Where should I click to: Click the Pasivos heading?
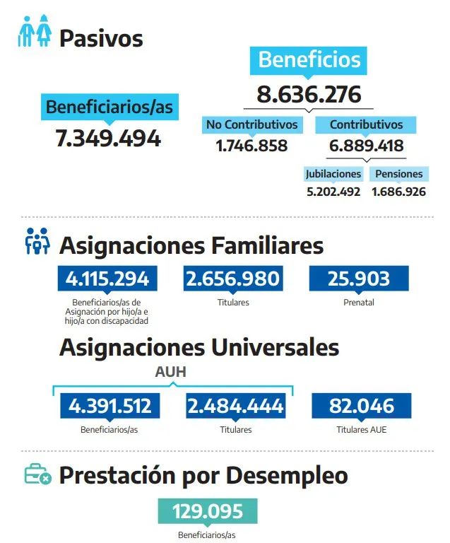click(101, 38)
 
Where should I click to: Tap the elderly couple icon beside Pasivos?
click(35, 33)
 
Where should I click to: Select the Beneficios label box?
click(309, 59)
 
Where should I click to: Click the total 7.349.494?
click(108, 139)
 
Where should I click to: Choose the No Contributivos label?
click(251, 125)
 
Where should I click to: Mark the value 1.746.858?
click(251, 146)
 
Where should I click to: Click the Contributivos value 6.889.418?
click(366, 146)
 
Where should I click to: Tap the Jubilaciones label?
click(333, 174)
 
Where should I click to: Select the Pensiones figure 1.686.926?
click(398, 192)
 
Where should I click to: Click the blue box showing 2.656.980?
click(232, 279)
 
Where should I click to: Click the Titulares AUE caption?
click(361, 429)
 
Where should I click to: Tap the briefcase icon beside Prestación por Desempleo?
click(37, 474)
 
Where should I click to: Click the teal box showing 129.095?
click(207, 511)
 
